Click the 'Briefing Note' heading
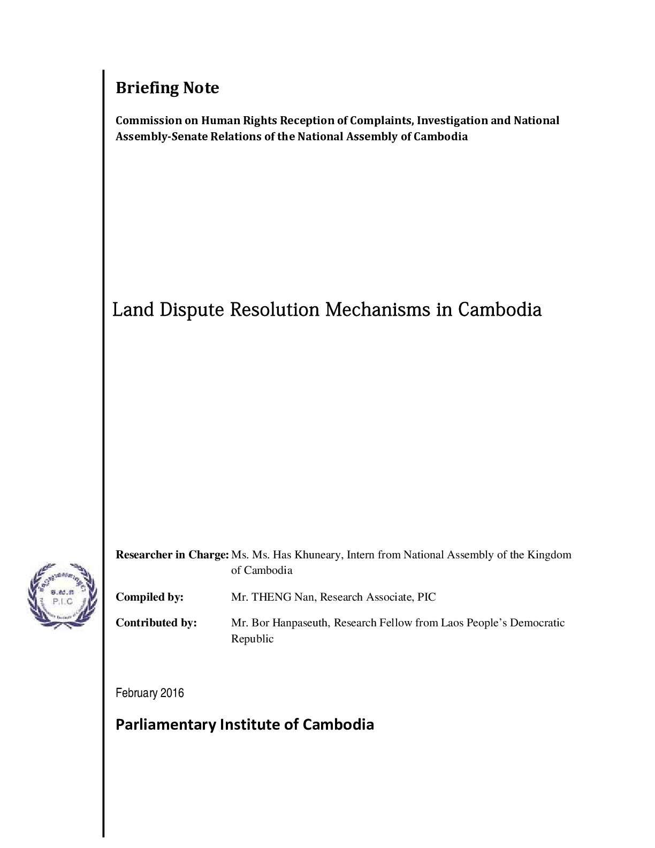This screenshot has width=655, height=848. click(x=167, y=88)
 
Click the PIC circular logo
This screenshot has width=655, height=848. click(x=62, y=595)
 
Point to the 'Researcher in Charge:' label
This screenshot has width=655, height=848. click(x=172, y=555)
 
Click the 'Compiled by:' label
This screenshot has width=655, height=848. click(x=149, y=597)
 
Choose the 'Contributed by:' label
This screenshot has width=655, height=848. click(x=156, y=623)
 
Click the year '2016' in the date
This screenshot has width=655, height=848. click(x=172, y=693)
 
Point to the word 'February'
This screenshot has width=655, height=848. click(x=136, y=693)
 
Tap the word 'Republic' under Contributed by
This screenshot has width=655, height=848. click(x=252, y=639)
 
